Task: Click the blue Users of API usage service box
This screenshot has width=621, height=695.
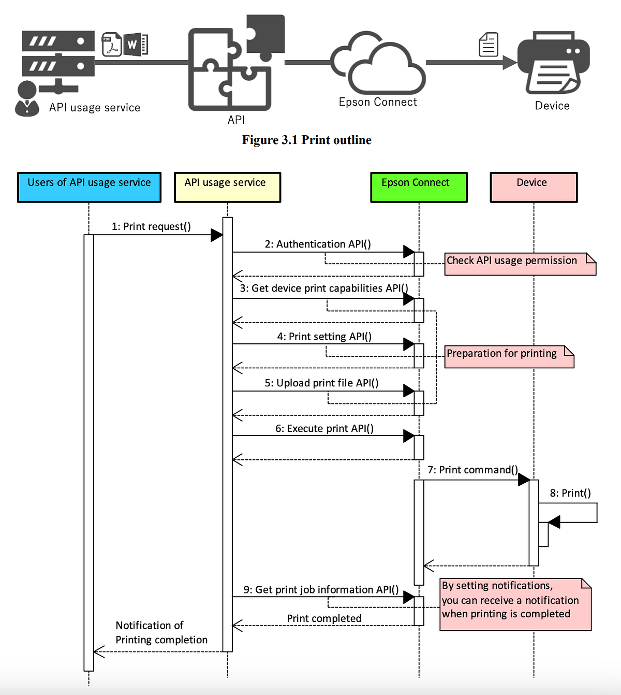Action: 89,187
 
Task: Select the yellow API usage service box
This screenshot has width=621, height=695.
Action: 227,187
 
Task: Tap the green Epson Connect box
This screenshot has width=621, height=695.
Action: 419,187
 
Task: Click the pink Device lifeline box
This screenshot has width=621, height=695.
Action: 534,187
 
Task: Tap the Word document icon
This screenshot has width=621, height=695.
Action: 136,45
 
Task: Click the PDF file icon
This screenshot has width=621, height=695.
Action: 111,45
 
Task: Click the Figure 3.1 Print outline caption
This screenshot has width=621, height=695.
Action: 306,140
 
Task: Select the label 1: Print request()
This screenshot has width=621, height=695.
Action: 151,226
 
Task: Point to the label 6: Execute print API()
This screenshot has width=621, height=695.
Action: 324,428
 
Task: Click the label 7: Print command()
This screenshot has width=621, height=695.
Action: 472,470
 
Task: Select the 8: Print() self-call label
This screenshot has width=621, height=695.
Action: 570,493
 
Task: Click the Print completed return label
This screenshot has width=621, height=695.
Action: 324,618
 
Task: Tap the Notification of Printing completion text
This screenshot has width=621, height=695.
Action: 161,632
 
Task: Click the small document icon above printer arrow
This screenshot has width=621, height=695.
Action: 489,45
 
